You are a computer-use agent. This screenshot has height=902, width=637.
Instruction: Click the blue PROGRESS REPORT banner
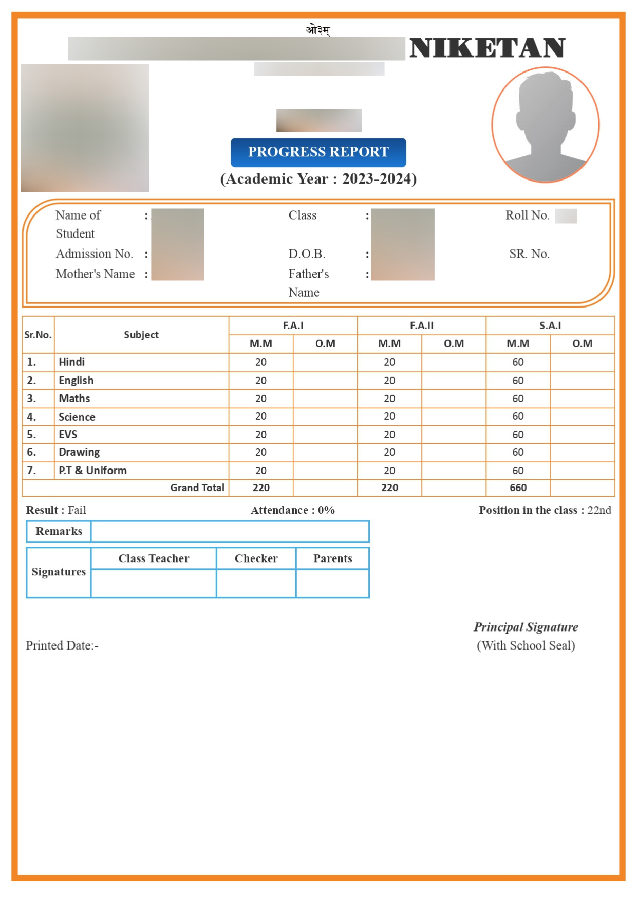point(318,152)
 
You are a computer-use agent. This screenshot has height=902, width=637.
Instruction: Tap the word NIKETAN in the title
point(487,48)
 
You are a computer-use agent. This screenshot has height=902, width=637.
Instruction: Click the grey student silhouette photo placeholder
point(545,125)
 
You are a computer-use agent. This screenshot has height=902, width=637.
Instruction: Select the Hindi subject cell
point(72,362)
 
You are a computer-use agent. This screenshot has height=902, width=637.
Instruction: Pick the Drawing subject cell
point(79,452)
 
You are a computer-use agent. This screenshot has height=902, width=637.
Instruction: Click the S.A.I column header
point(550,326)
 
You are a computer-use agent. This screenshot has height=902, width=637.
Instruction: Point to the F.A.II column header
point(421,326)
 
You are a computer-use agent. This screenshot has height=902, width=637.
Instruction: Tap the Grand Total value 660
point(518,488)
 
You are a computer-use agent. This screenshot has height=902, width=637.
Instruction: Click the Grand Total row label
point(197,488)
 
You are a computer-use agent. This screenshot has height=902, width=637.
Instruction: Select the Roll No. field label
point(527,215)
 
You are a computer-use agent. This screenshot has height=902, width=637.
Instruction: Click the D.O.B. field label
point(307,254)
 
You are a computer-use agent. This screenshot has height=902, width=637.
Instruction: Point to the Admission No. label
point(94,254)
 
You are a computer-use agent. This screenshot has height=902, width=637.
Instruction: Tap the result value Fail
point(77,510)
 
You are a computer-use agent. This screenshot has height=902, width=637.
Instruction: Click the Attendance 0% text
point(293,510)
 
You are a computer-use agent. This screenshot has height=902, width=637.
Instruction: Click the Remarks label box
point(59,531)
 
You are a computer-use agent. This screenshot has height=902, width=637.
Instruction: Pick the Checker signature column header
point(256,558)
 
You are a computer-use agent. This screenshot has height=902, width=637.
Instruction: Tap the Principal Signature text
point(526,627)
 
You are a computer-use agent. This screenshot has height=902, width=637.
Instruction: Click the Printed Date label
point(62,646)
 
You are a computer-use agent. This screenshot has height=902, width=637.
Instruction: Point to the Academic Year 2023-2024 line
point(318,179)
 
